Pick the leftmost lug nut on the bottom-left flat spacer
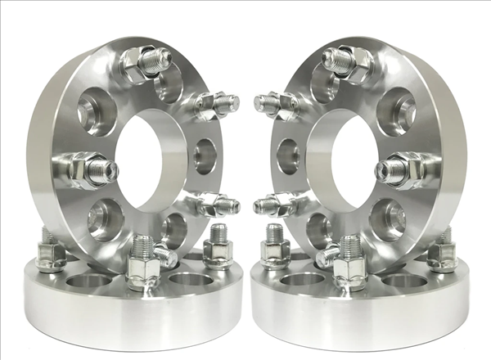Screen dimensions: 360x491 click(x=51, y=254)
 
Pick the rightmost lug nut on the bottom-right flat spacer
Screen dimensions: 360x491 click(x=442, y=253)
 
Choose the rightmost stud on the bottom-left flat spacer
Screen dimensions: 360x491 click(x=218, y=246)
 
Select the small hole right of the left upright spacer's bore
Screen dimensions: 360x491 click(x=205, y=155)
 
